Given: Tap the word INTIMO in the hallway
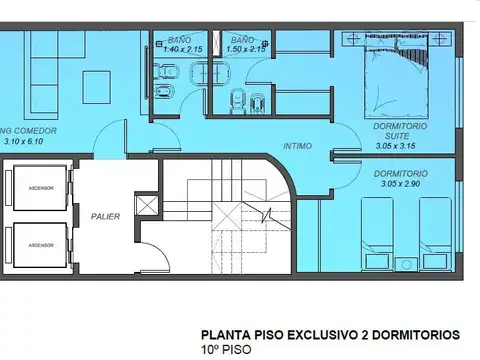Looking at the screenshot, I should [x=296, y=146].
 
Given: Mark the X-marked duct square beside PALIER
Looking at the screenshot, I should [x=148, y=207].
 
